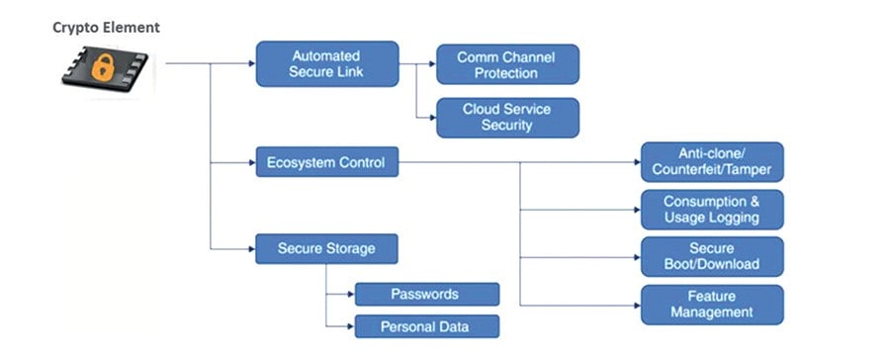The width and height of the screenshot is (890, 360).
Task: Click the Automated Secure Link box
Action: [x=326, y=64]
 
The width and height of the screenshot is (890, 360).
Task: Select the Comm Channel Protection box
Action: [x=507, y=65]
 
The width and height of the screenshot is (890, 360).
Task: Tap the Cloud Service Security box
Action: [x=507, y=118]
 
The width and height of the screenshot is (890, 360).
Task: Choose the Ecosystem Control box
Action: [x=326, y=162]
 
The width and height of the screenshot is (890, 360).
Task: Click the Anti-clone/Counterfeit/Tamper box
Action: [x=712, y=162]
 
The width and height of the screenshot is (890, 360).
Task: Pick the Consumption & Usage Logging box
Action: [x=712, y=210]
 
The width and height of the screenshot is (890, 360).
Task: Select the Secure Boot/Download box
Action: [x=712, y=256]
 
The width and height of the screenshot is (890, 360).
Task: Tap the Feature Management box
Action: [x=712, y=304]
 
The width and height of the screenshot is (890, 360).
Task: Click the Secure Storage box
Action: [x=326, y=248]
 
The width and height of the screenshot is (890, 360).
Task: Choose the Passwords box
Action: [x=426, y=294]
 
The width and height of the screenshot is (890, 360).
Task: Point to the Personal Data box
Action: [x=426, y=326]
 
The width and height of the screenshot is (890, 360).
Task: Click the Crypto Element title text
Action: [x=106, y=28]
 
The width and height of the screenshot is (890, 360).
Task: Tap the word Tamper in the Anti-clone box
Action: [x=750, y=170]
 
